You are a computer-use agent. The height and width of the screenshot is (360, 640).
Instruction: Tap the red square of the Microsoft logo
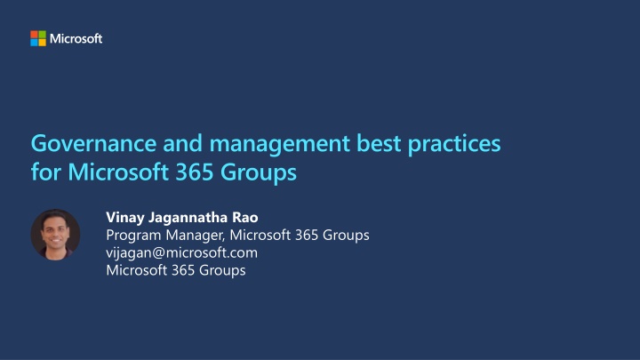coord(34,35)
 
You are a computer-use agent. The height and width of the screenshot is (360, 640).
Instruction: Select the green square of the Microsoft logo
coord(42,35)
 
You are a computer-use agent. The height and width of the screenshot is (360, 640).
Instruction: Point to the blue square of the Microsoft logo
coord(34,43)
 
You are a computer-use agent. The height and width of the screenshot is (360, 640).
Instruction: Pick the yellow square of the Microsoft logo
coord(42,43)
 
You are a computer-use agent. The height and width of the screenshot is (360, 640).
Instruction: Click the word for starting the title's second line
coord(44,171)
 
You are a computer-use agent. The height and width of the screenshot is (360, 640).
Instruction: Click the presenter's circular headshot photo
coord(56,234)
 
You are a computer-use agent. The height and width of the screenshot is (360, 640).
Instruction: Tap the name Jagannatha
coord(190,217)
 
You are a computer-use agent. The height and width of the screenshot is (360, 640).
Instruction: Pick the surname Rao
coord(245,217)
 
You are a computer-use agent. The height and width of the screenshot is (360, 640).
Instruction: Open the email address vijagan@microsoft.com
coord(181,252)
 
